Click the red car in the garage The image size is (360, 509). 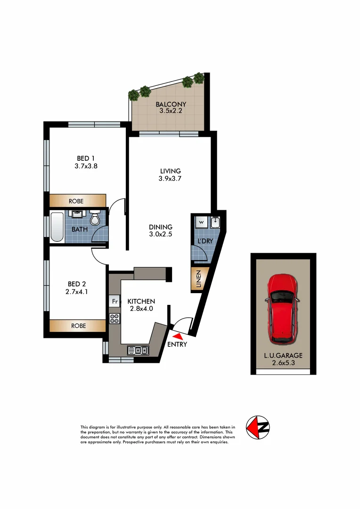click(x=283, y=309)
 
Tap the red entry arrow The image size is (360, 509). click(x=178, y=336)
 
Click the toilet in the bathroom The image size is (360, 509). click(x=96, y=219)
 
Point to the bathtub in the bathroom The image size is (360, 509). click(x=57, y=227)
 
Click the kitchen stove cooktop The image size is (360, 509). click(x=114, y=318)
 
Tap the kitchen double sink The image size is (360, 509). click(x=138, y=350)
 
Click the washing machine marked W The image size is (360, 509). click(x=201, y=222)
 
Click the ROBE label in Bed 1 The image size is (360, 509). click(x=76, y=201)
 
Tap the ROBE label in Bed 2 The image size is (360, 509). click(x=78, y=326)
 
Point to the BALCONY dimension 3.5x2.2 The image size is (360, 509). click(x=171, y=111)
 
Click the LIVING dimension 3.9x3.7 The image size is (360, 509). click(x=171, y=178)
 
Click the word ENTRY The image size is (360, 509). click(x=177, y=345)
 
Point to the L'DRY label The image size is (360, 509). click(x=205, y=241)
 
